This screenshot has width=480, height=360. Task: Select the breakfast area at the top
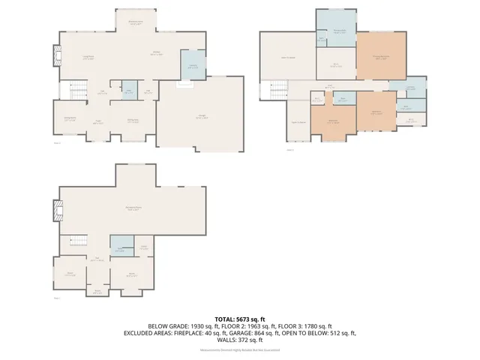click(136, 23)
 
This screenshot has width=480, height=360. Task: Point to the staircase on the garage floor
click(79, 91)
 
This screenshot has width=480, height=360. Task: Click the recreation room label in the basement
click(136, 209)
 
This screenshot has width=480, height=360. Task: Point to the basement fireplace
click(54, 211)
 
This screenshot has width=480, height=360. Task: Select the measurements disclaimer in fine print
click(239, 349)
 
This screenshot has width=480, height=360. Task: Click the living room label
click(88, 58)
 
